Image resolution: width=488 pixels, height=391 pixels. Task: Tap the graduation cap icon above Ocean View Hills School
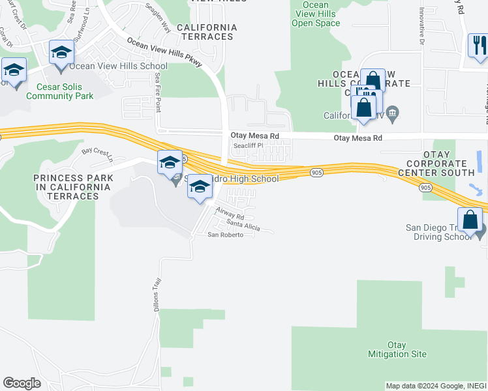click(x=61, y=53)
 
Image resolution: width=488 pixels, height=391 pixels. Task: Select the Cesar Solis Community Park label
click(x=60, y=91)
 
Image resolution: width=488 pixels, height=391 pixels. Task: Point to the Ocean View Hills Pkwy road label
click(x=164, y=51)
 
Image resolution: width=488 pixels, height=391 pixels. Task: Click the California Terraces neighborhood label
click(x=207, y=32)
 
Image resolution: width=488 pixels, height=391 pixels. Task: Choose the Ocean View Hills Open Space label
click(x=316, y=14)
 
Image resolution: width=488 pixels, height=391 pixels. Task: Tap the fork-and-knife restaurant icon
click(x=478, y=46)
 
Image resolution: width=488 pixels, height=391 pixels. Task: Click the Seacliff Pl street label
click(x=249, y=146)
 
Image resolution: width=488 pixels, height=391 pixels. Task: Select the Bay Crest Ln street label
click(x=97, y=155)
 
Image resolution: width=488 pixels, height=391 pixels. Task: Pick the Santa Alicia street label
click(x=243, y=226)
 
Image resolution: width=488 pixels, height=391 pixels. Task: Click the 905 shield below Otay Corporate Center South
click(x=425, y=187)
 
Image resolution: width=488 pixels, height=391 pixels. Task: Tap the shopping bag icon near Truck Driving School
click(x=470, y=220)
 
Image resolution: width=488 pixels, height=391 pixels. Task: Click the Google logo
click(x=22, y=383)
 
